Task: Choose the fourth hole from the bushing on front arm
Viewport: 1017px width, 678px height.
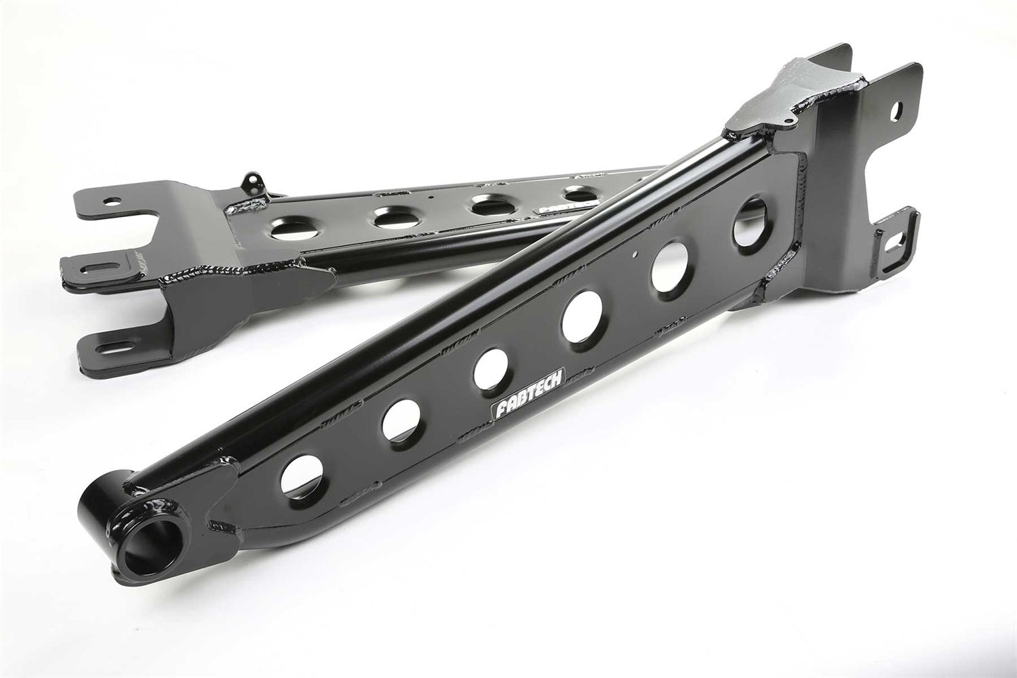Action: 582,315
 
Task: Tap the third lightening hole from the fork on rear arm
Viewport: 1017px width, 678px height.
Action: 490,205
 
